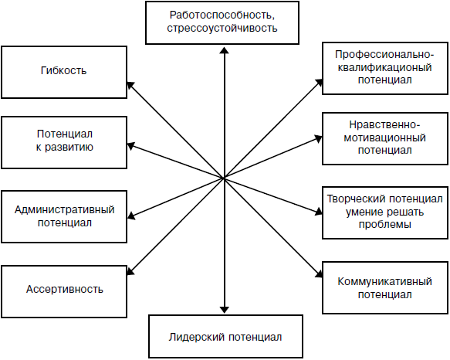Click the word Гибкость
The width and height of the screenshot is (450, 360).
coord(63,70)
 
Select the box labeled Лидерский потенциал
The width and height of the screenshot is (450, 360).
coord(225,337)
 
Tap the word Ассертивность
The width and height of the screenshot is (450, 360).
coord(65,289)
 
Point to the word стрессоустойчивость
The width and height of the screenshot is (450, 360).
coord(222,28)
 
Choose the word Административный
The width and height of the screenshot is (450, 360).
coord(65,209)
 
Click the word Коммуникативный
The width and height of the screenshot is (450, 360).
coord(384,281)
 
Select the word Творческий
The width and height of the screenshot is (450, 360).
coord(354,199)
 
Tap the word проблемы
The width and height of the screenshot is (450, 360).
coord(385,225)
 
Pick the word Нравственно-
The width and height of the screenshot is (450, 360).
coord(384,124)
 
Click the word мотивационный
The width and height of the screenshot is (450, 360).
coord(384,138)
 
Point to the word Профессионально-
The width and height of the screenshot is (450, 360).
coord(384,54)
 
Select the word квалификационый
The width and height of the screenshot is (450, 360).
coord(384,67)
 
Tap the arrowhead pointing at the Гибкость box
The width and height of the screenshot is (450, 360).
coord(130,85)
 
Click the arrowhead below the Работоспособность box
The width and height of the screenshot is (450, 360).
coord(224,50)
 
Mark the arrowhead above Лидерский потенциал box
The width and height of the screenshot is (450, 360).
coord(224,310)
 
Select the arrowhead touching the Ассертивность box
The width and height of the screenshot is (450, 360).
coord(130,271)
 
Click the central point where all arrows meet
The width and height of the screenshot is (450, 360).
coord(224,178)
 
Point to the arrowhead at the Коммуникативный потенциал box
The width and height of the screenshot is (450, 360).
coord(319,273)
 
